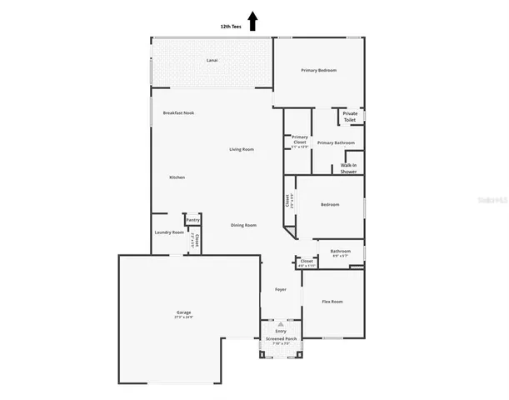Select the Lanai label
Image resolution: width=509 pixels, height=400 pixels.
(x=212, y=61)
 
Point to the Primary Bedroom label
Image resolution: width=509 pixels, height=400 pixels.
(x=318, y=70)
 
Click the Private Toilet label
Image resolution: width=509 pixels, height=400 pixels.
(x=350, y=117)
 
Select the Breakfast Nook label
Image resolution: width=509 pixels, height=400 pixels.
(x=178, y=112)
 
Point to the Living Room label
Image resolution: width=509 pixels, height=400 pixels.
(x=242, y=149)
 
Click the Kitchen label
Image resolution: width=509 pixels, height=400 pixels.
(x=177, y=177)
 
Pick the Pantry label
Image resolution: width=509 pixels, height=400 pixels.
(x=192, y=220)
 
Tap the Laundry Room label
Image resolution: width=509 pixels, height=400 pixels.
(x=169, y=232)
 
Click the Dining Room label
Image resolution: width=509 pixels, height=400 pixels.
(x=243, y=225)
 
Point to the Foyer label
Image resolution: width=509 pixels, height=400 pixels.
(x=281, y=289)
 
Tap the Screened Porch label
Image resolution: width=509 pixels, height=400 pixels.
(x=281, y=339)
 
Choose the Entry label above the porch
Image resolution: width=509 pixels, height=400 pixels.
(x=281, y=331)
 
